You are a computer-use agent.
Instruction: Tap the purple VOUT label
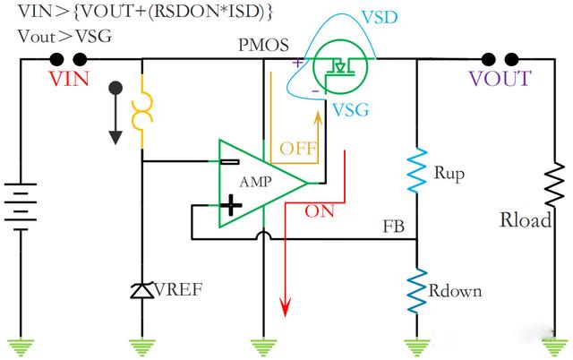(499, 78)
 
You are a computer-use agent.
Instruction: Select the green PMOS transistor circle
(338, 66)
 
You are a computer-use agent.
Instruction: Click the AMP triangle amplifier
(260, 182)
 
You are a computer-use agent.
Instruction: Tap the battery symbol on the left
(19, 207)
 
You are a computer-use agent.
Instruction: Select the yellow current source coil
(141, 113)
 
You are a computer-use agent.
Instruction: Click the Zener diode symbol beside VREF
(141, 290)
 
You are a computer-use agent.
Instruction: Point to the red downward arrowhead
(286, 308)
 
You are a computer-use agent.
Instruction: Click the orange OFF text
(297, 149)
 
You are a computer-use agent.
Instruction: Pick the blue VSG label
(349, 110)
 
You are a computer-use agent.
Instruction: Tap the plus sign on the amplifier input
(231, 208)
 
